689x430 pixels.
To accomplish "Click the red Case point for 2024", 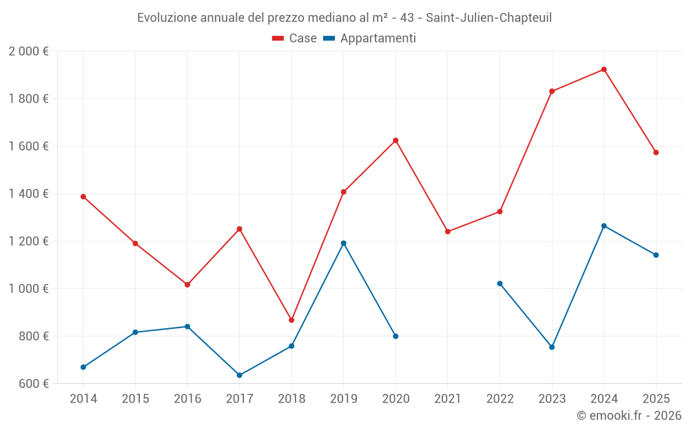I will (x=604, y=69).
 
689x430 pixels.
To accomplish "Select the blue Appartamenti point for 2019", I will (x=343, y=243).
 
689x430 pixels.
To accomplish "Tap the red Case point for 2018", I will (x=291, y=320).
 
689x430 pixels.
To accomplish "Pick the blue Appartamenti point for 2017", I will (x=239, y=375).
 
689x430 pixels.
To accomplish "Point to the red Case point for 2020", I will (x=395, y=140).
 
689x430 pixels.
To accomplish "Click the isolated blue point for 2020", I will (x=395, y=336).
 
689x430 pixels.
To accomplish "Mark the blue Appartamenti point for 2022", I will (x=500, y=283).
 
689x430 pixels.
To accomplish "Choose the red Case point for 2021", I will (x=448, y=231).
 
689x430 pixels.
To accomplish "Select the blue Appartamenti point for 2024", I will (x=604, y=226).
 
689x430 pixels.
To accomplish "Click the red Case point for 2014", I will (x=83, y=197).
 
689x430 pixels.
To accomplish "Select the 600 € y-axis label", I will (x=32, y=384).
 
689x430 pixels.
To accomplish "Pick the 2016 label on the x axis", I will (x=187, y=399).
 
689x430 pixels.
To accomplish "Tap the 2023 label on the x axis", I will (x=552, y=399).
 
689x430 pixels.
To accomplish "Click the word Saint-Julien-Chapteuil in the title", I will (x=491, y=17).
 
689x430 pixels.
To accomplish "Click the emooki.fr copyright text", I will (x=628, y=416).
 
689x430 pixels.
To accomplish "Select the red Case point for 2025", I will (x=656, y=153).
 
